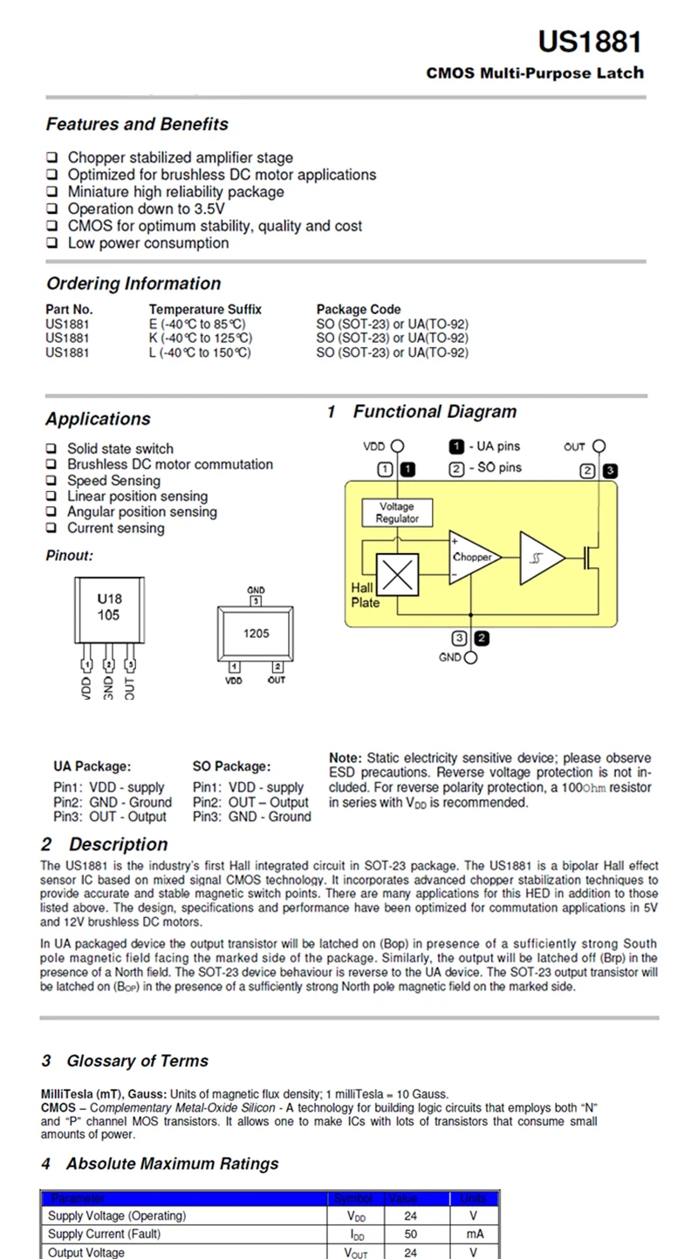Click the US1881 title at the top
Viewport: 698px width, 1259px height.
tap(590, 42)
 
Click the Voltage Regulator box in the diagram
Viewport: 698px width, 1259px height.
tap(397, 513)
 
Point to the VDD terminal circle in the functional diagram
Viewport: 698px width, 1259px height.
tap(399, 446)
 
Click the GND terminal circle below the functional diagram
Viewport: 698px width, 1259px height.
tap(471, 658)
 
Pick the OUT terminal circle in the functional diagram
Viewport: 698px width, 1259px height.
tap(599, 446)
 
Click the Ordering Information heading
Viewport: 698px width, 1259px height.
tap(133, 284)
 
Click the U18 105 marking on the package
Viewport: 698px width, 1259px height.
tap(109, 607)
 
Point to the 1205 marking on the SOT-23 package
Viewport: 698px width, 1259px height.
tap(257, 634)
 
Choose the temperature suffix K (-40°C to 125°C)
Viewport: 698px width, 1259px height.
tap(201, 338)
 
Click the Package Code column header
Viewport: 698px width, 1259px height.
tap(359, 309)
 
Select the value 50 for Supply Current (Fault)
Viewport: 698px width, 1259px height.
tap(410, 1234)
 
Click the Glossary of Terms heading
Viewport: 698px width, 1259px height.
tap(137, 1061)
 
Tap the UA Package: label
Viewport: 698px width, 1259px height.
tap(92, 766)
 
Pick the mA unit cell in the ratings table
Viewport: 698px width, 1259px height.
tap(474, 1234)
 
